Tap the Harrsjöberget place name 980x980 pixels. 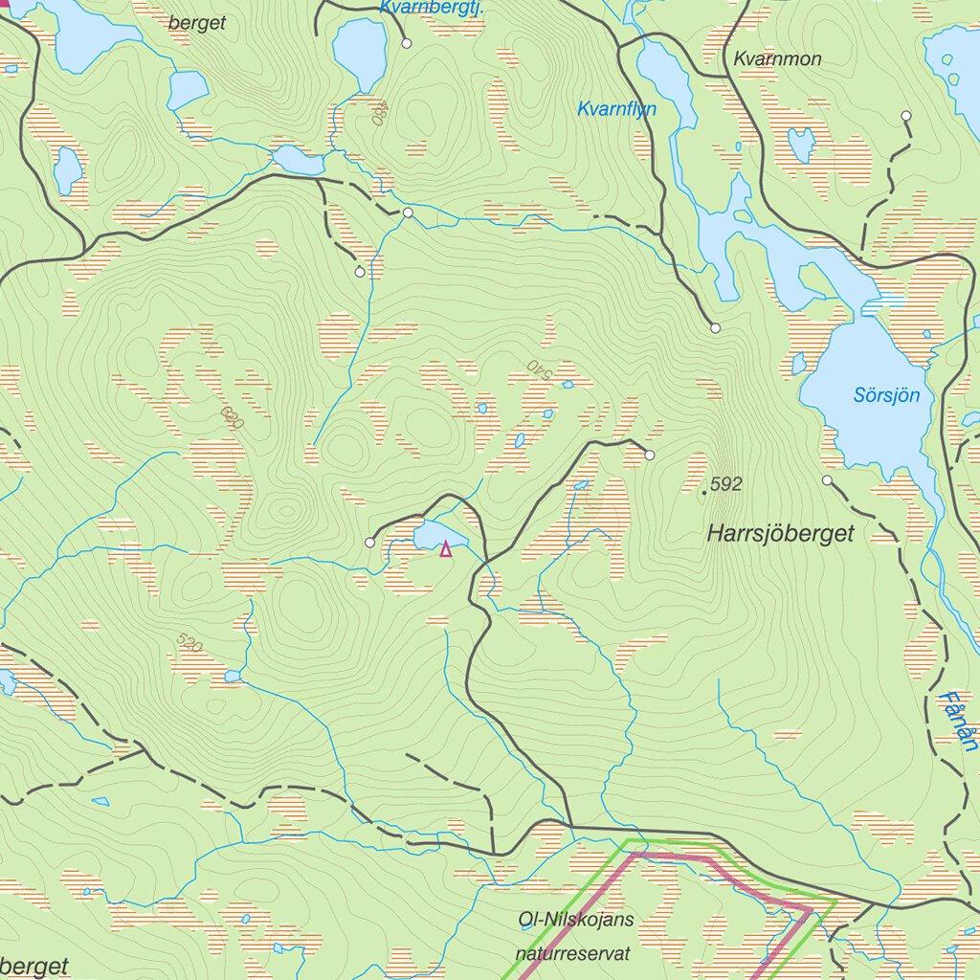coord(780,534)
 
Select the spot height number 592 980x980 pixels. coord(726,484)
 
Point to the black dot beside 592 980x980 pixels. coord(705,492)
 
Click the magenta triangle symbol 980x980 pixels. coord(445,549)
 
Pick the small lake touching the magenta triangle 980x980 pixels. coord(435,536)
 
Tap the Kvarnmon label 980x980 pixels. coord(777,59)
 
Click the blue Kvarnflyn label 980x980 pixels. coord(616,110)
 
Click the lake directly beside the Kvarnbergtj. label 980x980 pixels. coord(360,53)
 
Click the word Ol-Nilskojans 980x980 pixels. coord(575,921)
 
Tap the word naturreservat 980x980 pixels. coord(573,953)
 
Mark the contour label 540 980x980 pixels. coord(541,369)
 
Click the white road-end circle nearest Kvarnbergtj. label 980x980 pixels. coord(407,44)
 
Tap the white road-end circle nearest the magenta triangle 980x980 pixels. coord(370,543)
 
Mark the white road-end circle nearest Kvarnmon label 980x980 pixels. coord(905,116)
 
